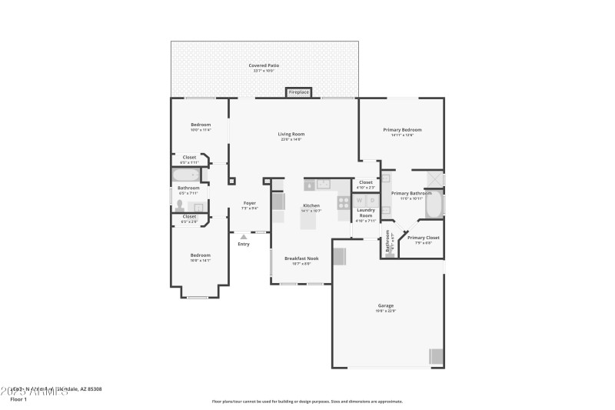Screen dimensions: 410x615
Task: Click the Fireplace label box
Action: (x=298, y=92)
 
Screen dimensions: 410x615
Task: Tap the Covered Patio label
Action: (x=264, y=66)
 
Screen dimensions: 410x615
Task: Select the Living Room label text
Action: (x=291, y=134)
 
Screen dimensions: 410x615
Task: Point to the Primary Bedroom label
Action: (x=402, y=130)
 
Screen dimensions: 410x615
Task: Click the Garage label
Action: (x=385, y=305)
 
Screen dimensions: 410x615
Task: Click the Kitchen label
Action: (x=311, y=205)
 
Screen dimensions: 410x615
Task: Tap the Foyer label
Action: (x=250, y=203)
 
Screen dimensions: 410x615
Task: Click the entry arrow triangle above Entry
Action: (x=244, y=236)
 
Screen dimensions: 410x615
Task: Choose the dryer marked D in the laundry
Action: (x=372, y=200)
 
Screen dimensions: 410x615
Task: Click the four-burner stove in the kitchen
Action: (x=343, y=203)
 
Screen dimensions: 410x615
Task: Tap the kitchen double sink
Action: (x=321, y=185)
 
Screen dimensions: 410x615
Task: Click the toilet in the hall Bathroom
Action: (x=181, y=205)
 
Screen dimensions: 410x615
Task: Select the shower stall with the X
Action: (x=434, y=178)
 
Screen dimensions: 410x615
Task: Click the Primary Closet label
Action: (x=423, y=238)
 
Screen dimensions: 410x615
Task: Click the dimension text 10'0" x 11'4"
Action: (x=201, y=130)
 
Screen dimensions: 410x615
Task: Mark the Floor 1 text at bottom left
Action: (x=18, y=399)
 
